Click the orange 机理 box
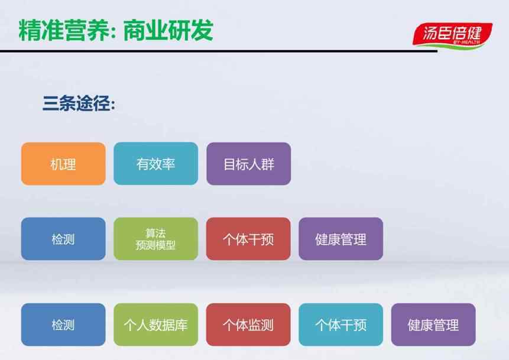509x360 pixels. click(63, 164)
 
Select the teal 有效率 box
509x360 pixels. click(156, 164)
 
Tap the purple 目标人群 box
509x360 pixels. click(249, 164)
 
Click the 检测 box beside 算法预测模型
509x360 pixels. click(63, 239)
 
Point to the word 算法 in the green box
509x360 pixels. click(156, 233)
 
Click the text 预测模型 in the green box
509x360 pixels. click(156, 245)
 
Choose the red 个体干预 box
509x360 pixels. click(248, 239)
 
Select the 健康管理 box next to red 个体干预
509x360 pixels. click(341, 239)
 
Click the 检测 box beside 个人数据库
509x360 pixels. click(63, 325)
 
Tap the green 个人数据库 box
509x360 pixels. click(156, 325)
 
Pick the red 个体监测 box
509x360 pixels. click(248, 325)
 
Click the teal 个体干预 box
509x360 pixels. click(341, 325)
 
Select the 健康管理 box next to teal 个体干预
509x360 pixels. click(433, 325)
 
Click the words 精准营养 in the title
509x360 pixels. click(64, 31)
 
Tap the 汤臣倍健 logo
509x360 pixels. click(452, 35)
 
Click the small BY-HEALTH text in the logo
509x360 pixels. click(466, 42)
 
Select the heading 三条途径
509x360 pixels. click(79, 103)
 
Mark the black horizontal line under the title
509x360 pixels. click(219, 51)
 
